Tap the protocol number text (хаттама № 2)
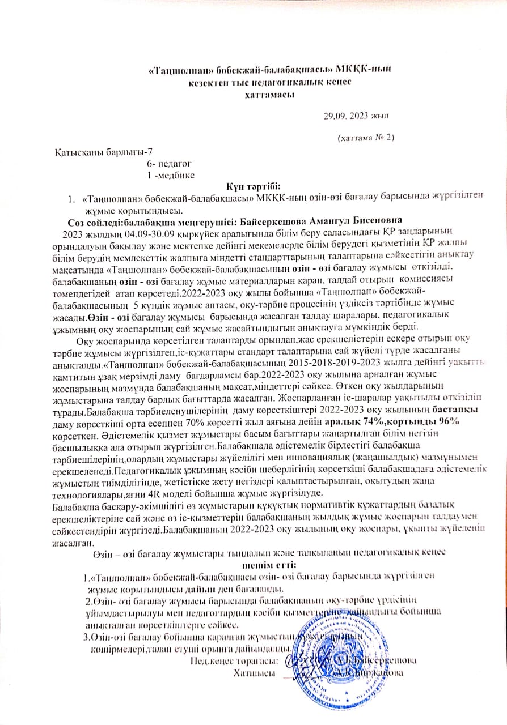[x=365, y=137]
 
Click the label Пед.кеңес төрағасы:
[x=234, y=661]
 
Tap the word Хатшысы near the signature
[x=254, y=673]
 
